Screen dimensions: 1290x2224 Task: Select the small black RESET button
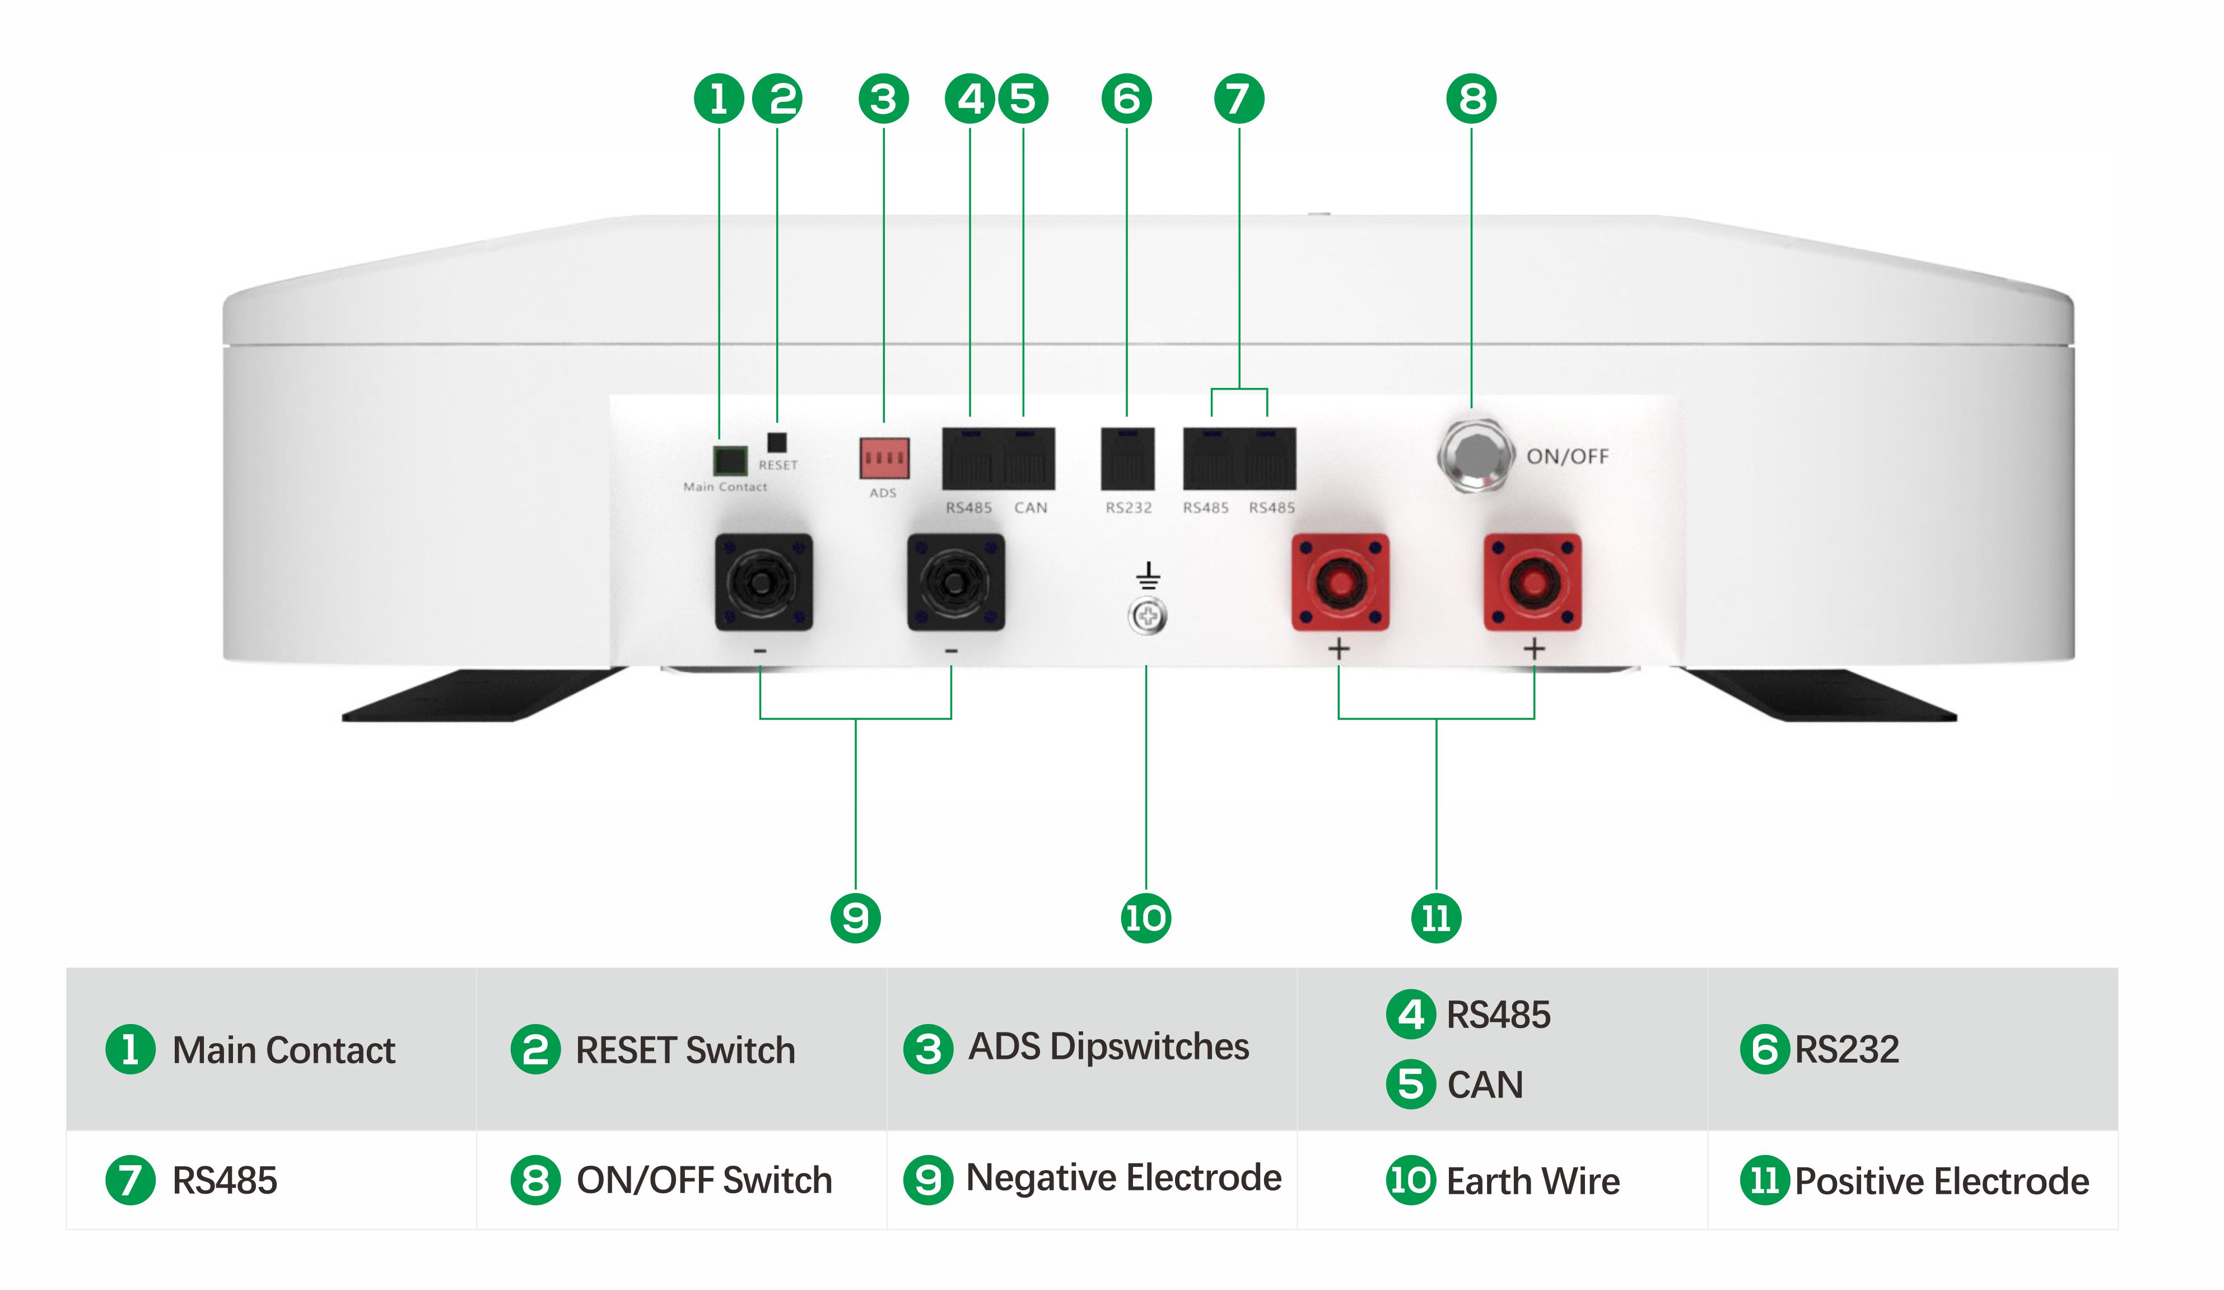(x=777, y=442)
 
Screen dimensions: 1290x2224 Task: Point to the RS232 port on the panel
(x=1127, y=459)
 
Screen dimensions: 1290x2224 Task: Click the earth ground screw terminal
(x=1148, y=616)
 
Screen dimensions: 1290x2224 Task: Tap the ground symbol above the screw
(x=1148, y=576)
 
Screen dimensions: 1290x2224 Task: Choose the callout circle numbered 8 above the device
(x=1471, y=99)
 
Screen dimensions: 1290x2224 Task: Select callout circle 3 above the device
(x=883, y=99)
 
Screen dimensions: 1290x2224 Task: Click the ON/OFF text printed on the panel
(x=1568, y=456)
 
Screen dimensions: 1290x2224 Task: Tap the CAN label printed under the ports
(x=1030, y=507)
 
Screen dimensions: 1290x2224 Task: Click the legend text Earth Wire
(x=1533, y=1181)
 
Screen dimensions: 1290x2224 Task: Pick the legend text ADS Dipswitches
(x=1108, y=1046)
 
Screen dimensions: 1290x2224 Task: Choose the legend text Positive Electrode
(x=1942, y=1181)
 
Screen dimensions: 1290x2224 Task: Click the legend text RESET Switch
(x=685, y=1050)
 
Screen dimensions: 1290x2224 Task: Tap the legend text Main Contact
(x=283, y=1050)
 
